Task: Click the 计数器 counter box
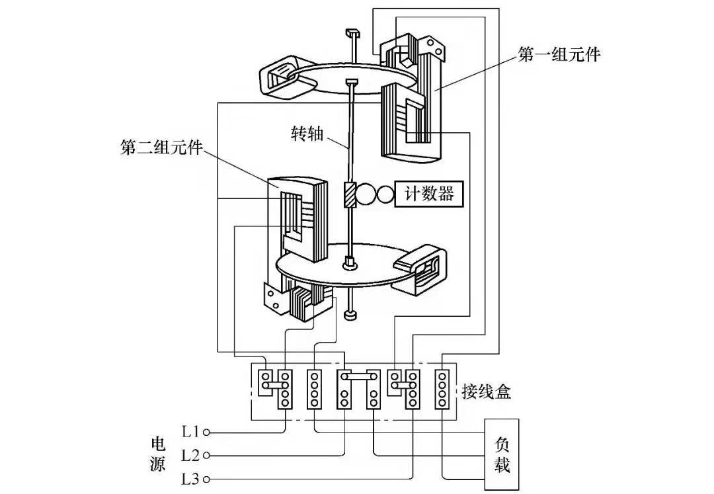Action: pyautogui.click(x=428, y=194)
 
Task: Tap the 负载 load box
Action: pyautogui.click(x=502, y=454)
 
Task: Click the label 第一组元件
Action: pyautogui.click(x=559, y=54)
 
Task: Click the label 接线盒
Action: pyautogui.click(x=486, y=391)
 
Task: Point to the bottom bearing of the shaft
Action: pyautogui.click(x=350, y=316)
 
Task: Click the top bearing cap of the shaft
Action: pyautogui.click(x=350, y=33)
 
